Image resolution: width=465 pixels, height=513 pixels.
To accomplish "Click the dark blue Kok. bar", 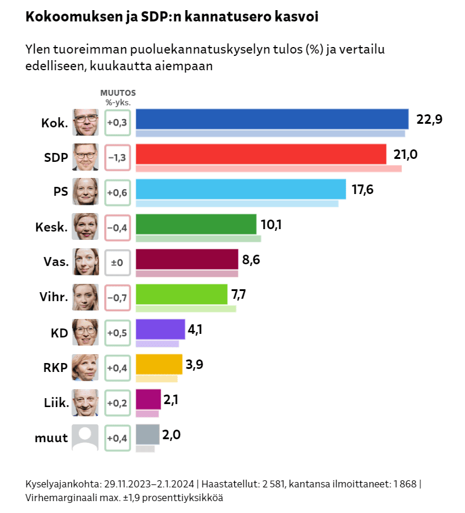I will (x=272, y=118).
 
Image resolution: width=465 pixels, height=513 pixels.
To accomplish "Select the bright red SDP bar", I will (x=261, y=154).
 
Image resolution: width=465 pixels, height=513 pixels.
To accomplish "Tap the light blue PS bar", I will (x=241, y=189).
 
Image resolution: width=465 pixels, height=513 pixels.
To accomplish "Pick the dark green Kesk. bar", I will (x=196, y=224).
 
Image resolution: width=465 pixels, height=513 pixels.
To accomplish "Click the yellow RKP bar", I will (x=159, y=364).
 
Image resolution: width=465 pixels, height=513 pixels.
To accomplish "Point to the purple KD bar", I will (x=161, y=329).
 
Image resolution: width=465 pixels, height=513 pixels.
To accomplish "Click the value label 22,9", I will (x=429, y=119).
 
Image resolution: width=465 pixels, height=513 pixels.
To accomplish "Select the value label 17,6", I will (x=362, y=189).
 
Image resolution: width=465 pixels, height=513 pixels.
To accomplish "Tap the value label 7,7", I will (x=242, y=294).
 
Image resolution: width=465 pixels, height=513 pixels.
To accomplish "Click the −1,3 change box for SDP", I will (x=117, y=158).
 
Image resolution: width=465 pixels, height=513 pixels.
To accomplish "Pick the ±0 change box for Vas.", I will (x=117, y=262).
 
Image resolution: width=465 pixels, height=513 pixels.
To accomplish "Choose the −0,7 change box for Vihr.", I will (x=117, y=298).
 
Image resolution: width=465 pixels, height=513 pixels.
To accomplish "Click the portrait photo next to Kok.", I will (x=86, y=123).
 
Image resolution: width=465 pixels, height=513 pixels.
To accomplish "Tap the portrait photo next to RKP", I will (x=85, y=368).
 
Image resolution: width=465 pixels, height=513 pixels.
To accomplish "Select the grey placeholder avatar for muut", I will (x=85, y=438).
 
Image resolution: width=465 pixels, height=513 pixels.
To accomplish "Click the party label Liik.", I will (x=56, y=403).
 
